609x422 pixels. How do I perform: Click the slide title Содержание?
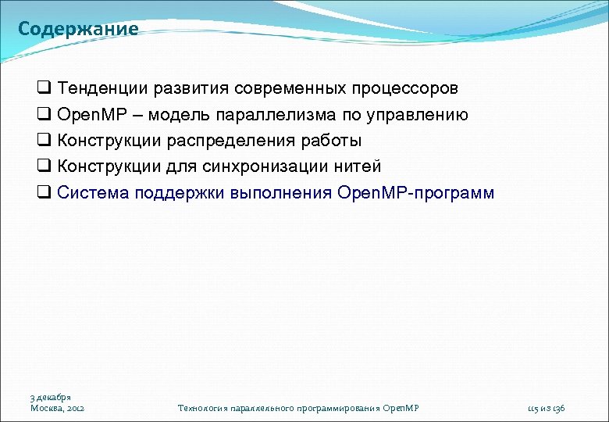coord(78,30)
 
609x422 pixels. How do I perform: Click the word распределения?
coord(235,141)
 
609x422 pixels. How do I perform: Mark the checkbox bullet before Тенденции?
coord(45,89)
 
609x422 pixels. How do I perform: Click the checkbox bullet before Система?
coord(45,192)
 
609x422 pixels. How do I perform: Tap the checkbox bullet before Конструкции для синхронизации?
coord(45,166)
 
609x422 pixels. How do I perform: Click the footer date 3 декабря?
coord(51,398)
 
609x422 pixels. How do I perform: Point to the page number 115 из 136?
coord(546,408)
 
